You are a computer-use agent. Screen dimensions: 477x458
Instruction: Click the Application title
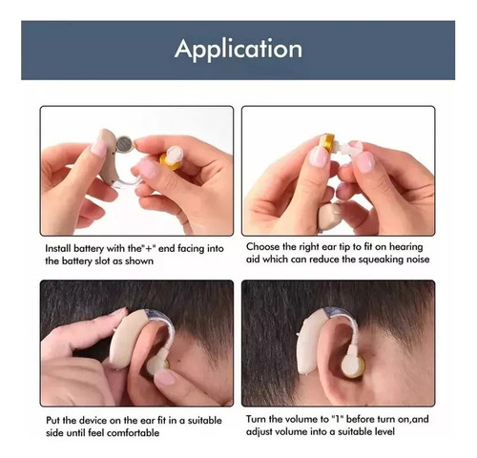pos(238,50)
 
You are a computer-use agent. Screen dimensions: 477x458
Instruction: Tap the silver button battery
pos(124,144)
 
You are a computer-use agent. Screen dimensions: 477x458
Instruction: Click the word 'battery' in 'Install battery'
pos(89,248)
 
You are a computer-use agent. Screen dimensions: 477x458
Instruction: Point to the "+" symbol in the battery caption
pos(149,248)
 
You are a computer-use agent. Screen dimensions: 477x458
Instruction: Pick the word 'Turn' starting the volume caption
pos(256,419)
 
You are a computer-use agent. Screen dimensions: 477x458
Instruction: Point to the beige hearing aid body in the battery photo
pos(108,156)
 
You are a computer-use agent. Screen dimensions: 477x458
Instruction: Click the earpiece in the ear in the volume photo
pos(353,366)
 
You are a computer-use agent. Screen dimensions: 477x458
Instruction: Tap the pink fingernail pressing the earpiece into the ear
pos(165,379)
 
